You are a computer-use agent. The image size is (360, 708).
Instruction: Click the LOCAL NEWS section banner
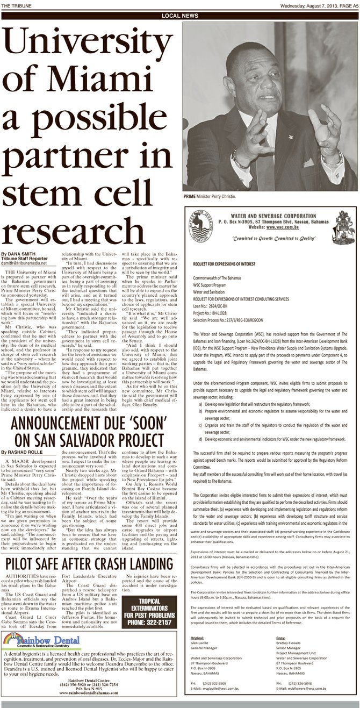(180, 16)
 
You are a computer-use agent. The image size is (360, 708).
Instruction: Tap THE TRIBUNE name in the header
(16, 6)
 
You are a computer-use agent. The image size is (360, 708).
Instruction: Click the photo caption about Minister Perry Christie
(209, 197)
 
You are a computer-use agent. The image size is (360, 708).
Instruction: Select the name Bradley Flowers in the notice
(289, 642)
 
